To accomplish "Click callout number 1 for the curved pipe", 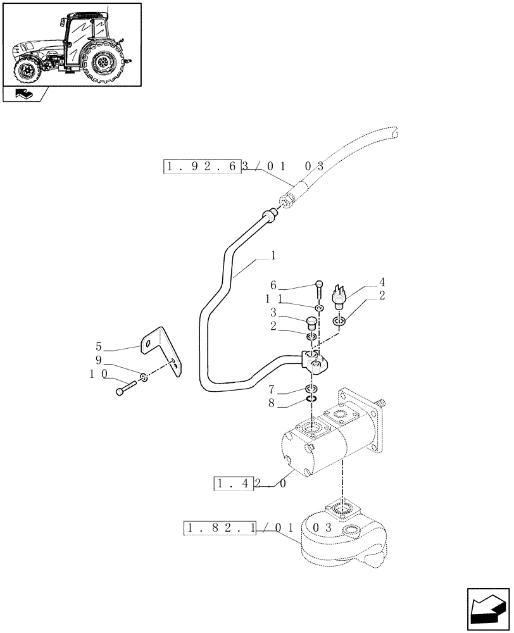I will coord(273,256).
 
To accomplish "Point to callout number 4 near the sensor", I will coord(382,282).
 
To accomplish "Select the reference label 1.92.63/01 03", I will coord(244,167).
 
